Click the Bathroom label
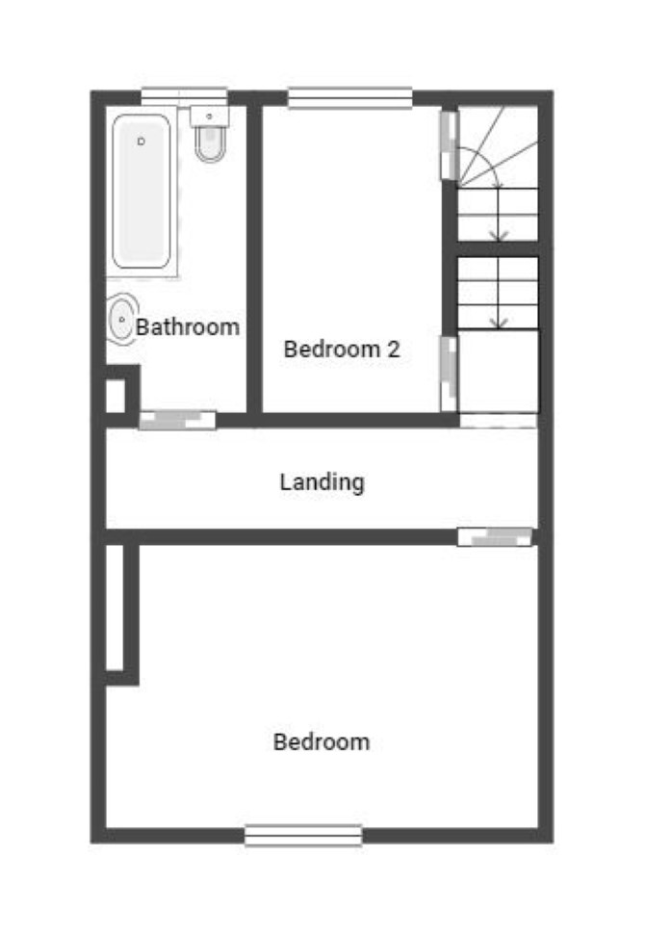(x=187, y=326)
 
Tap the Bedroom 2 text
(x=342, y=349)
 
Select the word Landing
(x=322, y=481)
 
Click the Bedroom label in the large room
(x=322, y=741)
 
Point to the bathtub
(x=142, y=192)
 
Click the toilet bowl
(x=210, y=144)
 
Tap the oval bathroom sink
(x=122, y=321)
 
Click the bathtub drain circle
(x=142, y=142)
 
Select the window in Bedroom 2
(x=349, y=98)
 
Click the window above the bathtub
(x=184, y=97)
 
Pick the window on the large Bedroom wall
(x=303, y=836)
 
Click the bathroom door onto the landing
(x=177, y=421)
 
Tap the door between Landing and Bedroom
(x=495, y=536)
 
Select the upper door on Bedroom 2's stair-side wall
(x=449, y=145)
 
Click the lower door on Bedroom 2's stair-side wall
(x=449, y=374)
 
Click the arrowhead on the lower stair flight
(x=499, y=322)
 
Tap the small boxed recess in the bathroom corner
(x=116, y=396)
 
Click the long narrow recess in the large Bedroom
(x=115, y=607)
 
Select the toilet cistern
(x=209, y=117)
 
